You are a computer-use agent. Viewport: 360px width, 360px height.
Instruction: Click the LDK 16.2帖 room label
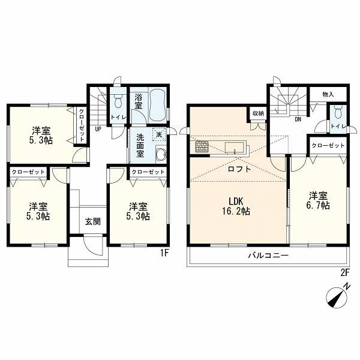click(x=236, y=206)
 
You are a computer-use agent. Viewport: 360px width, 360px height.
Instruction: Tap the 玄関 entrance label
click(x=93, y=221)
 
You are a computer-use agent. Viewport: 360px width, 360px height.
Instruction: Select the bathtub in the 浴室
click(x=157, y=106)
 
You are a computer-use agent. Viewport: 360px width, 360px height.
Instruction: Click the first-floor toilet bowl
click(x=118, y=101)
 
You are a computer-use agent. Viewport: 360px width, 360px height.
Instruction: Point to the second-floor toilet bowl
click(x=338, y=113)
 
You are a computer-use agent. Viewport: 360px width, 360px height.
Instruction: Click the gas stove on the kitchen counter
click(x=202, y=146)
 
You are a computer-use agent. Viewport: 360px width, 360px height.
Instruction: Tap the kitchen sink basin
click(x=235, y=148)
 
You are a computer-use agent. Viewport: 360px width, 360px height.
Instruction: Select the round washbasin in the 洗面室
click(x=161, y=154)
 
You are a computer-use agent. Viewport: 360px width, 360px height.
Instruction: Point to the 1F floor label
click(x=164, y=253)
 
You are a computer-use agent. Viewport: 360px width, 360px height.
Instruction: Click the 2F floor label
click(x=344, y=272)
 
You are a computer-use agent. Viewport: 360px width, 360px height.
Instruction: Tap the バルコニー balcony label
click(x=268, y=256)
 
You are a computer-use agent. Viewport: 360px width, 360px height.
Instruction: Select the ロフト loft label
click(x=239, y=169)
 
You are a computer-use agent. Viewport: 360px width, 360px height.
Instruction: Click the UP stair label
click(x=98, y=129)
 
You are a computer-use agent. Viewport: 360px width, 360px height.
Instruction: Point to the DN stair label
click(x=298, y=119)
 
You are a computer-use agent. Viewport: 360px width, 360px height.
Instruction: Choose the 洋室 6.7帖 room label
click(x=319, y=200)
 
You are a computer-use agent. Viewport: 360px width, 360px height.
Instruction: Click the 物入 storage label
click(x=328, y=94)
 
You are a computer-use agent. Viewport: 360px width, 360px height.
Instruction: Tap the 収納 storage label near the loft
click(x=258, y=113)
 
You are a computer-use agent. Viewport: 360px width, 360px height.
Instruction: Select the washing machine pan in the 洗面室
click(x=159, y=134)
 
